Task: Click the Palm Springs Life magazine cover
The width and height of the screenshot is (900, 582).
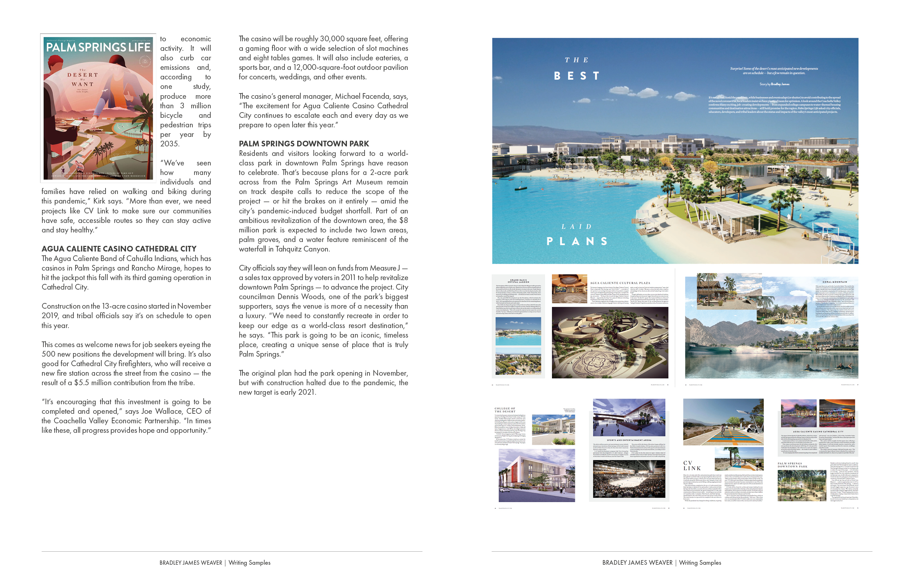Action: (x=98, y=108)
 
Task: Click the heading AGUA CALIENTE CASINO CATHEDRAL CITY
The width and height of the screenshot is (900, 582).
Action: (x=119, y=249)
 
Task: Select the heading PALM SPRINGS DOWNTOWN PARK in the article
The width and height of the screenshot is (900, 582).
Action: (x=304, y=144)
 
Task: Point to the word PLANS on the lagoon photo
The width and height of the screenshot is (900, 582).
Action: (x=577, y=241)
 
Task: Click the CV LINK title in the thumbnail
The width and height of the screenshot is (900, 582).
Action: (x=692, y=466)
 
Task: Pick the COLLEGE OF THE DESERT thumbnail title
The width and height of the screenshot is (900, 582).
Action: (x=505, y=410)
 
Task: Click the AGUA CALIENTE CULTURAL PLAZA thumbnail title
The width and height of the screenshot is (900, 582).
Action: (x=620, y=283)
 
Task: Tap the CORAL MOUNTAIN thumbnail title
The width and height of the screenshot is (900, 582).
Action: (x=835, y=282)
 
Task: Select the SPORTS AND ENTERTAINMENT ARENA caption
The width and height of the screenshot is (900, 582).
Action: (x=629, y=440)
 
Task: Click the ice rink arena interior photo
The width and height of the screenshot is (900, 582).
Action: (x=629, y=479)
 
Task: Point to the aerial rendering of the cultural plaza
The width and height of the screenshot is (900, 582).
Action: (x=610, y=342)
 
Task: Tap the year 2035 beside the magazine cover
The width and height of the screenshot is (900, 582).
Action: (x=169, y=144)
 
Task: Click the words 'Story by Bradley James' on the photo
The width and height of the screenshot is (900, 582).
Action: (x=774, y=84)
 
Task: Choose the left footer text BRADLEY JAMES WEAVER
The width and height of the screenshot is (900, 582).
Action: (x=191, y=563)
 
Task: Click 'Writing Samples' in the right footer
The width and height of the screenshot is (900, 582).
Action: (x=700, y=563)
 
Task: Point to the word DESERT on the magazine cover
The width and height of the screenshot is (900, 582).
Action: (x=83, y=75)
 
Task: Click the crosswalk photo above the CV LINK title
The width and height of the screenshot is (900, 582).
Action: (x=723, y=422)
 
